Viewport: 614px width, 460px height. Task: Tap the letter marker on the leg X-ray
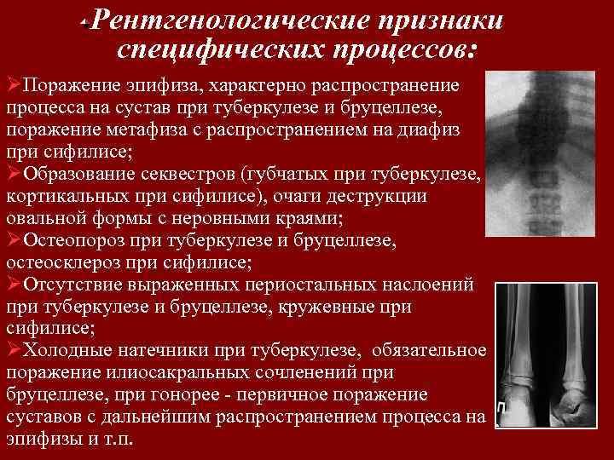(504, 411)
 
